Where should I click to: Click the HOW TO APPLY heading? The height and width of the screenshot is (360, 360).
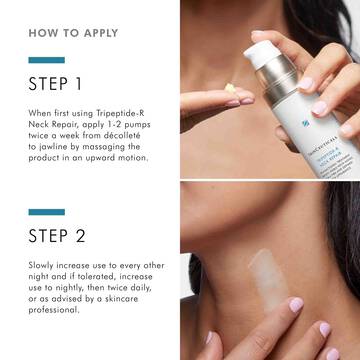pos(75,32)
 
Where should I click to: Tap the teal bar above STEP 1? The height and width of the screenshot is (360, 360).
pos(46,60)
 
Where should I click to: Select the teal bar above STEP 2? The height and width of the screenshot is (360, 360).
pos(46,212)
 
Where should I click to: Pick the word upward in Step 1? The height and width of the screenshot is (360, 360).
pos(99,157)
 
